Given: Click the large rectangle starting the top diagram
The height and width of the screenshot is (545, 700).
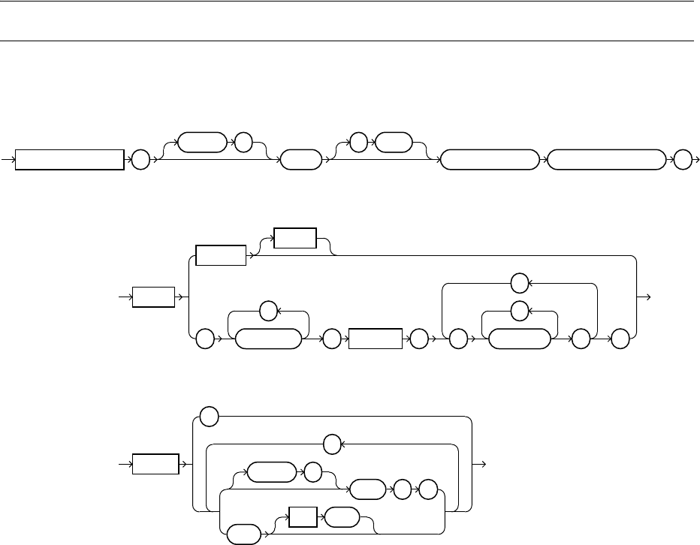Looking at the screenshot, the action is (x=70, y=160).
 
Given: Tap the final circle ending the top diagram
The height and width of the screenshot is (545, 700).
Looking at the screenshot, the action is (x=683, y=160).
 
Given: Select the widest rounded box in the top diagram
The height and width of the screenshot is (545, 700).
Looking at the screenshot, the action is (x=608, y=160).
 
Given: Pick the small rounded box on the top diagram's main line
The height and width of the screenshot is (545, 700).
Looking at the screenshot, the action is (x=295, y=160).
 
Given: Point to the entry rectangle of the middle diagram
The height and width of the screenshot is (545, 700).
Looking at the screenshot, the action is (x=155, y=297).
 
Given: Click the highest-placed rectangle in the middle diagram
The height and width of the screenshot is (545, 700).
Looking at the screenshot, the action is (x=294, y=238).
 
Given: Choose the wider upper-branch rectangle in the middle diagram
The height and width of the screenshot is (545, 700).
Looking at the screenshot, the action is (x=221, y=255).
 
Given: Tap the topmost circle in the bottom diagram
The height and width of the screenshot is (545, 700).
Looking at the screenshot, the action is (x=210, y=414).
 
